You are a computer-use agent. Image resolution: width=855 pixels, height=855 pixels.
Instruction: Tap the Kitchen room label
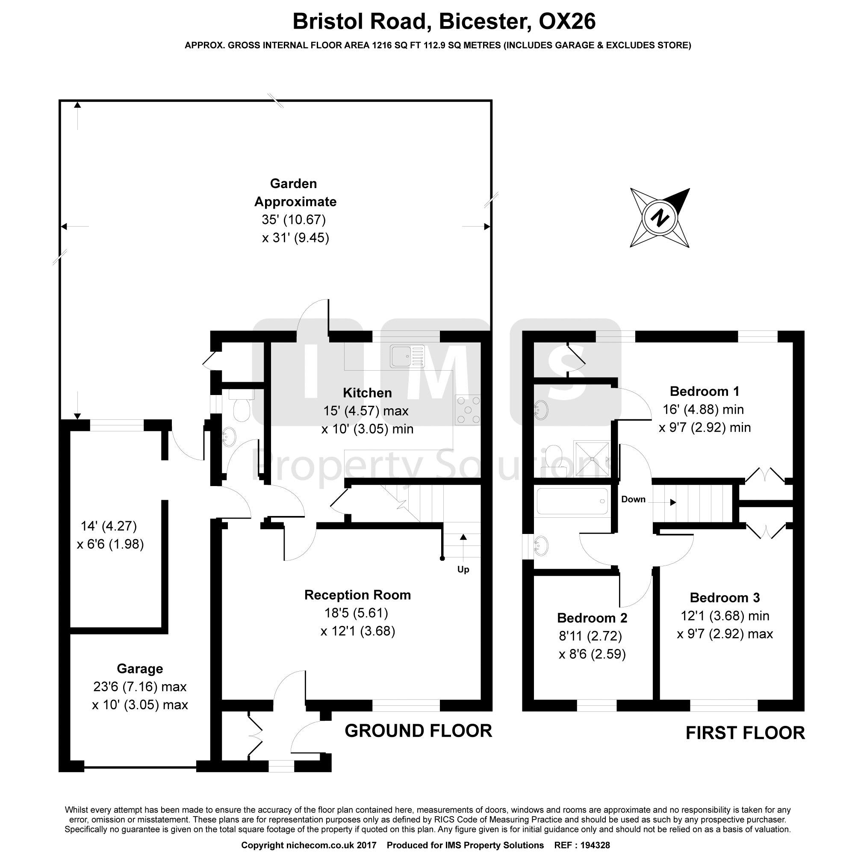367,392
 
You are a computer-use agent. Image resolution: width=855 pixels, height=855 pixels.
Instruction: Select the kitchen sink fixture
407,356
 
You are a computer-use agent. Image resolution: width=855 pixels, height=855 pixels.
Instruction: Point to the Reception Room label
357,595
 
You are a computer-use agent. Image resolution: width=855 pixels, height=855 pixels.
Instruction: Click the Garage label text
140,669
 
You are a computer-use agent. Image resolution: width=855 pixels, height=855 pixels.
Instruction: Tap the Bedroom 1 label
705,391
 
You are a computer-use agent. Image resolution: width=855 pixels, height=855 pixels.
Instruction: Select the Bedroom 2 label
592,618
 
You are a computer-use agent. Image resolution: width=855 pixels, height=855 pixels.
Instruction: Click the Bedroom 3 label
725,598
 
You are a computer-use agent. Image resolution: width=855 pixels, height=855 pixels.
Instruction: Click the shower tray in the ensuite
592,458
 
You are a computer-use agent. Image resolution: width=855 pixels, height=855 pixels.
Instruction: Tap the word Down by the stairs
633,499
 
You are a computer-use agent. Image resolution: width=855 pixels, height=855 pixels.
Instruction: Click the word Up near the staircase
463,569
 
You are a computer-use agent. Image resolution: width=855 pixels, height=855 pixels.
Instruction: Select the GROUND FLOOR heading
418,731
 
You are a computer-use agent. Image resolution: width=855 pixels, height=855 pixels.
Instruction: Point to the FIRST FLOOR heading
745,733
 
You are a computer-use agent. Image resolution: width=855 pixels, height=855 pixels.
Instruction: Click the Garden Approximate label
295,192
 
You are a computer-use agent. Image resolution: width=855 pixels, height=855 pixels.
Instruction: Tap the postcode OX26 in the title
567,22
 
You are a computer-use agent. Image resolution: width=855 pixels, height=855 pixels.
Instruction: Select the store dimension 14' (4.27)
109,526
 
